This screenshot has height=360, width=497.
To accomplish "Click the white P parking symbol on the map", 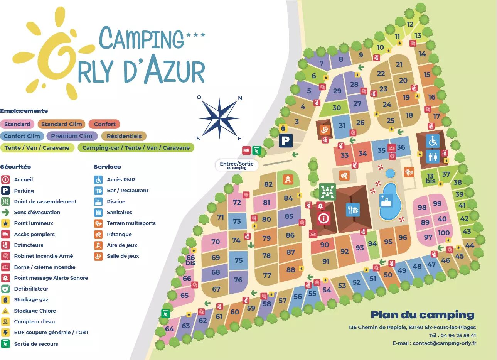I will (x=285, y=140).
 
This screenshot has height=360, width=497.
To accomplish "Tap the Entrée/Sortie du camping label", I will (x=237, y=165).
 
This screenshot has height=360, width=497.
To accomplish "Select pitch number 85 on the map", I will (x=289, y=216).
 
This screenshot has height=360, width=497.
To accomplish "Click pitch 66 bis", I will (x=190, y=260).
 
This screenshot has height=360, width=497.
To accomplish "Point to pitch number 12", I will (x=410, y=24).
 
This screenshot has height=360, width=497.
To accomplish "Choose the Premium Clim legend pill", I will (x=72, y=136).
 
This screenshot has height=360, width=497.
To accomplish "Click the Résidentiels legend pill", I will (x=124, y=136).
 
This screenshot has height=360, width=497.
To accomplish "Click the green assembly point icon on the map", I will (x=327, y=192).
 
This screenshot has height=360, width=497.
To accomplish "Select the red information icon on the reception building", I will (x=323, y=218).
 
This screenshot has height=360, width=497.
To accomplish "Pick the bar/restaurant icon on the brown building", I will (x=352, y=210).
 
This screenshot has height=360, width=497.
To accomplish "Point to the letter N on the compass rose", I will (x=240, y=98).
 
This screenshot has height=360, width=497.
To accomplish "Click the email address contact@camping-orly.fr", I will (x=444, y=343).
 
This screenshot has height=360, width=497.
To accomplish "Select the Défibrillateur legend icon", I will (x=5, y=289).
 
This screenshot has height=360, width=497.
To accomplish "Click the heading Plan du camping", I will (x=423, y=315).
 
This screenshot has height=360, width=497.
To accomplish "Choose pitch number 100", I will (x=443, y=233).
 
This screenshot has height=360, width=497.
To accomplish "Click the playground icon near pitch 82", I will (x=288, y=179).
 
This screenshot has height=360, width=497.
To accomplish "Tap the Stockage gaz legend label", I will (x=31, y=299).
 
